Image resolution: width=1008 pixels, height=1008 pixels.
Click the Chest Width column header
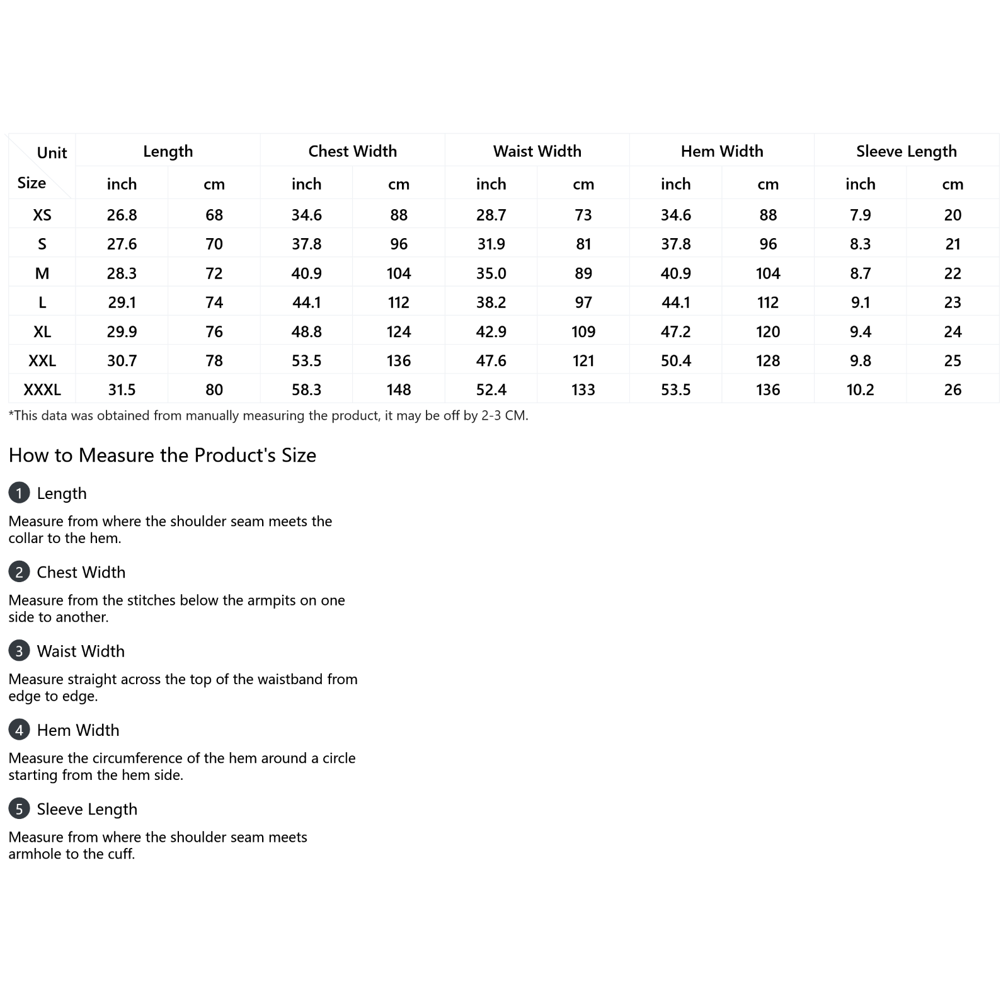click(352, 151)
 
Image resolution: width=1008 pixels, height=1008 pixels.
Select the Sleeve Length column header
click(906, 151)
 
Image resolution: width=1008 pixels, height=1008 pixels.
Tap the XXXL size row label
click(42, 390)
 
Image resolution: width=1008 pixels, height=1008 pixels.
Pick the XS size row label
click(42, 215)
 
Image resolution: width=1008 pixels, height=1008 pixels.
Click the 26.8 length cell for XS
click(122, 215)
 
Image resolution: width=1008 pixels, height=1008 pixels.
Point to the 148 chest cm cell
click(399, 390)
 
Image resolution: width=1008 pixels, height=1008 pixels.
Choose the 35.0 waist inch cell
click(491, 273)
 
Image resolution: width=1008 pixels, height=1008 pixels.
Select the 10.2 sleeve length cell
click(860, 390)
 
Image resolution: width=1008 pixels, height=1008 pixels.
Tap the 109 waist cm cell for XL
click(583, 332)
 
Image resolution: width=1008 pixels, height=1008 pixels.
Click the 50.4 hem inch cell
click(675, 361)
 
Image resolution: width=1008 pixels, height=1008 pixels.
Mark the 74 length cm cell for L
click(214, 303)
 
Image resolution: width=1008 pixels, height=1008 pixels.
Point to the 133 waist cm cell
click(583, 390)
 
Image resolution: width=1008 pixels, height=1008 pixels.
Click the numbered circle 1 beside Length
click(19, 493)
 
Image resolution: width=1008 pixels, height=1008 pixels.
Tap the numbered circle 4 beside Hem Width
click(19, 730)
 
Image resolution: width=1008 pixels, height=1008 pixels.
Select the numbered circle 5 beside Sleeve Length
click(19, 809)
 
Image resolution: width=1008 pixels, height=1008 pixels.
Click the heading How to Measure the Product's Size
click(162, 455)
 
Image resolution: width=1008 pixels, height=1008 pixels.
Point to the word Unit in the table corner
click(52, 153)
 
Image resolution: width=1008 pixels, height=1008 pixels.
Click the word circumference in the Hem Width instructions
click(147, 758)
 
